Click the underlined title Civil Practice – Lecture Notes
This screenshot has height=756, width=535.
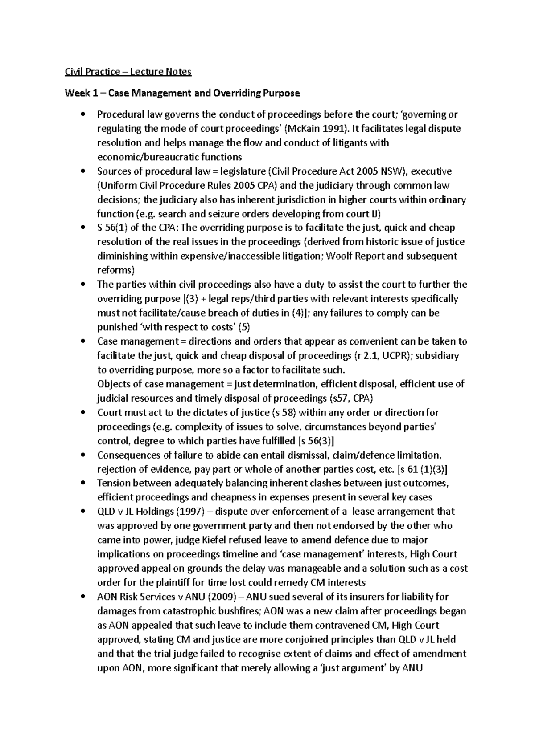(128, 72)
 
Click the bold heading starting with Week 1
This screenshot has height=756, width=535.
(182, 93)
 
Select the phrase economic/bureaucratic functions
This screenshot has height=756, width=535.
(169, 157)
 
